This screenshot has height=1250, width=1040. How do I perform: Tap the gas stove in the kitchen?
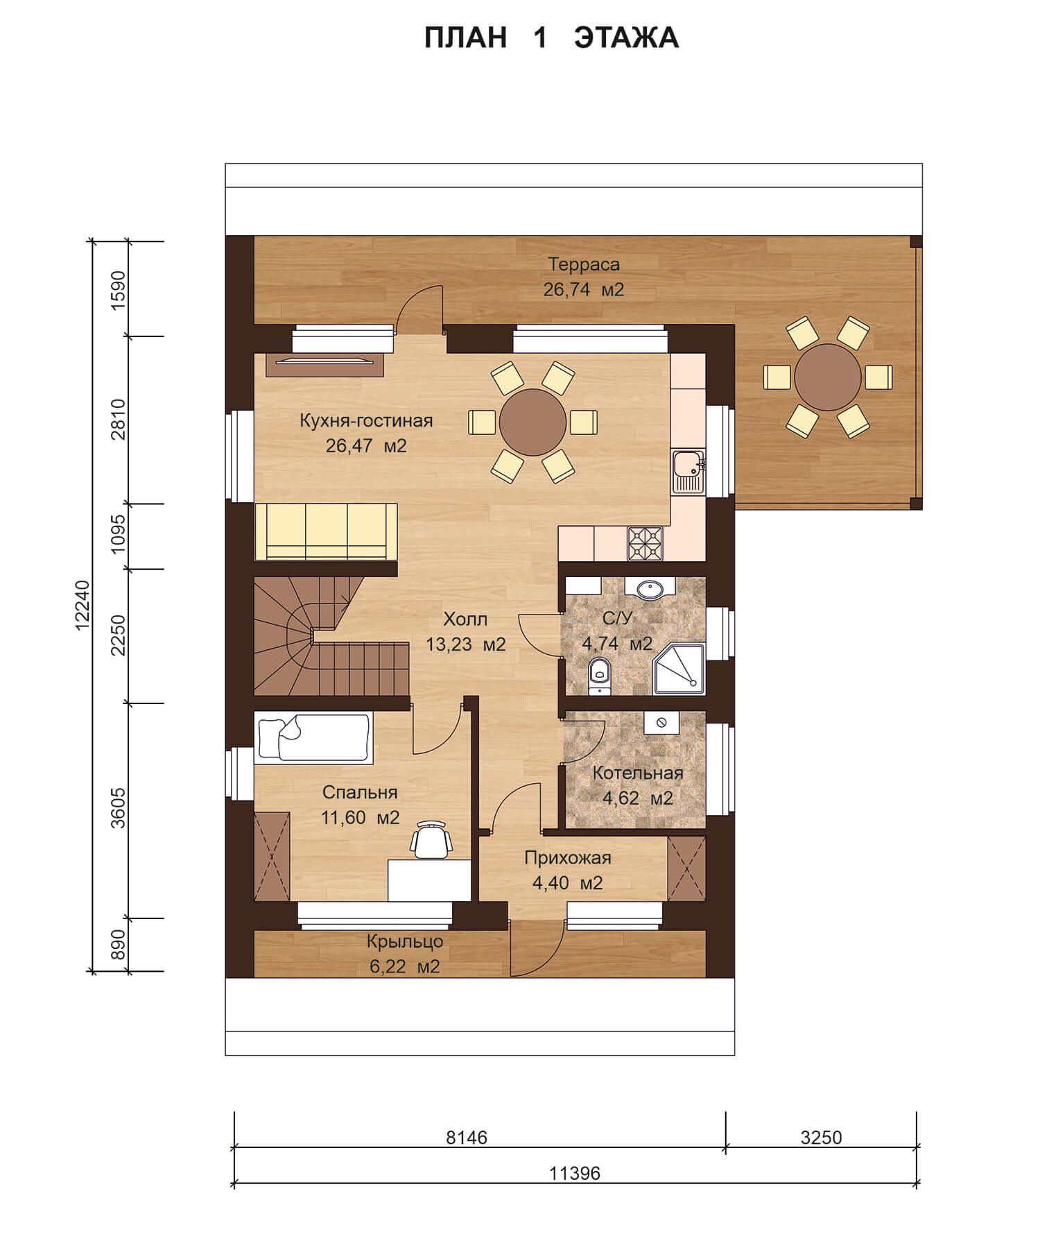645,543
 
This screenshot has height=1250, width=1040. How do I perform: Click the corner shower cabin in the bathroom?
679,669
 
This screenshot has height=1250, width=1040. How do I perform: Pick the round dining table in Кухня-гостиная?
532,422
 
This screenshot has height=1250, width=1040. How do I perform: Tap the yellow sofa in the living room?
326,531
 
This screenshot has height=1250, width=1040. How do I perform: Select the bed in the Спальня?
313,738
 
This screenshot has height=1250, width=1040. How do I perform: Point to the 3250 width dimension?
821,1138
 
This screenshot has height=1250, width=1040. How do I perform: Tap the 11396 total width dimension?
575,1174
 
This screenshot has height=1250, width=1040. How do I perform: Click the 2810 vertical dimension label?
119,419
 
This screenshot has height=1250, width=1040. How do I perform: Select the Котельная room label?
638,773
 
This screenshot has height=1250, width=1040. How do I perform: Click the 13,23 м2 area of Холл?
465,644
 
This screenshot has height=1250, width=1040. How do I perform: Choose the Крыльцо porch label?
405,941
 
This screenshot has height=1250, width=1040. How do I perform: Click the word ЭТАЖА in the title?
626,38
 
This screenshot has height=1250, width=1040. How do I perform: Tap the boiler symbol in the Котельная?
661,723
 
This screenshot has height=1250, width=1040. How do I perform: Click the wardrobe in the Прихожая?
686,869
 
